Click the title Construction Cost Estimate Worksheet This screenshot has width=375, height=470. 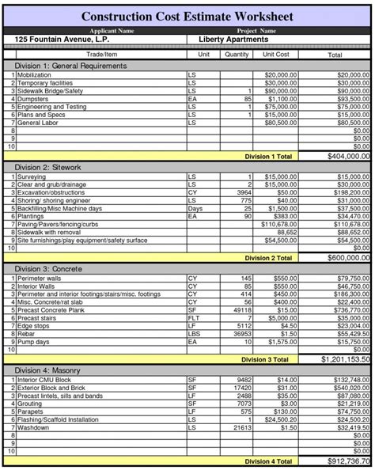pos(187,16)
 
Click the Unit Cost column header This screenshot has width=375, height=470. pos(276,55)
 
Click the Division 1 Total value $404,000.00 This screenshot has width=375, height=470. pos(342,157)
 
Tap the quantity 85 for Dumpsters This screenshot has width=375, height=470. pos(248,99)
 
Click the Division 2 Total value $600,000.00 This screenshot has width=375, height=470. pos(342,258)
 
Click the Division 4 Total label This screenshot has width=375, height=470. pos(269,460)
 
